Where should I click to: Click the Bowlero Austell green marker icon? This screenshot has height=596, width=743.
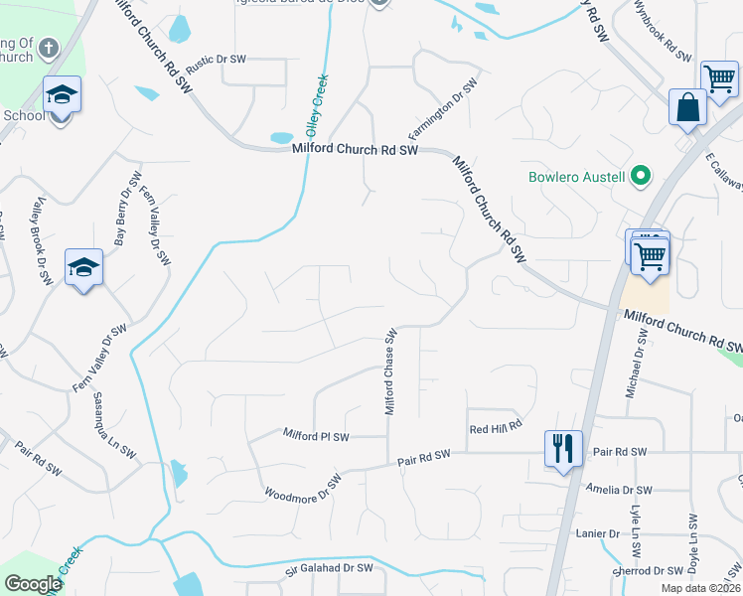pyautogui.click(x=641, y=178)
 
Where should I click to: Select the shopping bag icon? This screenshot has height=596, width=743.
pyautogui.click(x=687, y=106)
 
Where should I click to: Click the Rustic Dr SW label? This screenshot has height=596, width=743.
pyautogui.click(x=216, y=60)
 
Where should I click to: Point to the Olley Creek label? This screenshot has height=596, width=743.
pyautogui.click(x=317, y=104)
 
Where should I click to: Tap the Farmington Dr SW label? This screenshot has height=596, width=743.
pyautogui.click(x=442, y=108)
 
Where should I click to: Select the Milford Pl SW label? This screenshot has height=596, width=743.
pyautogui.click(x=316, y=436)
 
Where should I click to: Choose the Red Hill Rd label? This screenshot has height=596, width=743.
pyautogui.click(x=496, y=428)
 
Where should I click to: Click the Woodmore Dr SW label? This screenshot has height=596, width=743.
pyautogui.click(x=303, y=489)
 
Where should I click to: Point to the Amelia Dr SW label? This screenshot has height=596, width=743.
pyautogui.click(x=618, y=490)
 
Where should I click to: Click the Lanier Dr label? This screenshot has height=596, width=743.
pyautogui.click(x=597, y=533)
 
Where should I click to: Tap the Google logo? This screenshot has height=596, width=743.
pyautogui.click(x=33, y=584)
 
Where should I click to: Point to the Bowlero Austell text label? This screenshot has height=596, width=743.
pyautogui.click(x=576, y=178)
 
